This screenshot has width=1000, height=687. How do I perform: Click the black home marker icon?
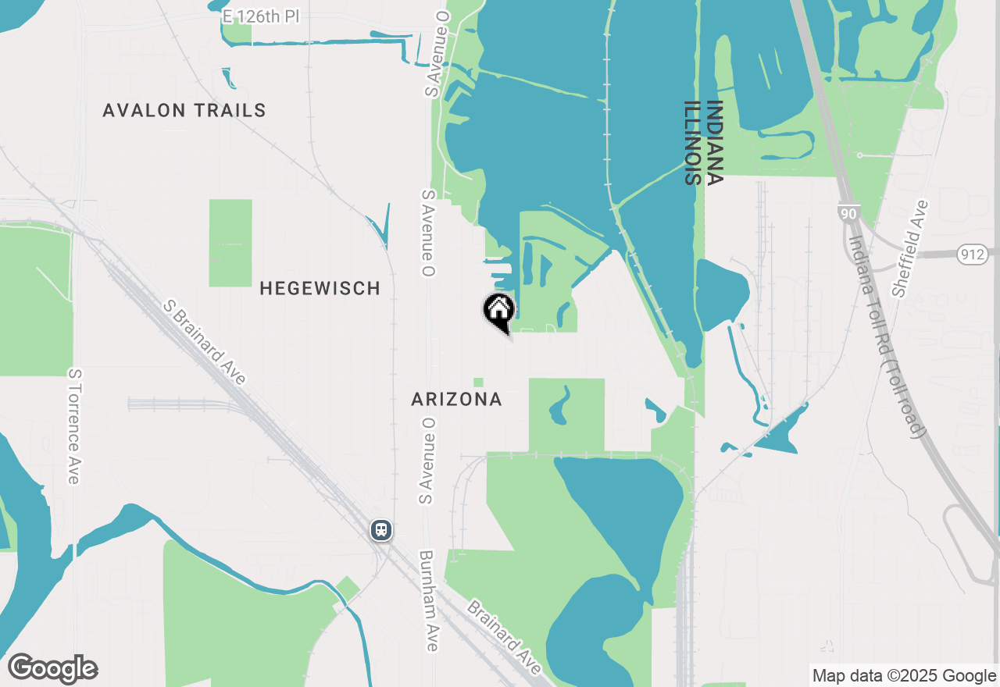(498, 311)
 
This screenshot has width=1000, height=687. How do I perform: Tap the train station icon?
(380, 530)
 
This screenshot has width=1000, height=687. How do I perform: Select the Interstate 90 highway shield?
(848, 212)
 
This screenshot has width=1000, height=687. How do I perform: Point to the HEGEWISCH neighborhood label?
(320, 288)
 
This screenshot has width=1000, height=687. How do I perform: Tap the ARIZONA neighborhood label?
(457, 400)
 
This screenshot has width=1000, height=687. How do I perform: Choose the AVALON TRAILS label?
(184, 111)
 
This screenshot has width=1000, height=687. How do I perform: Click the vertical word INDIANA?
(714, 142)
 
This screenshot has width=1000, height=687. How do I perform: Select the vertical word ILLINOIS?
(692, 142)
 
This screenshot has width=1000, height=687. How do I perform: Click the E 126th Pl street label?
(261, 16)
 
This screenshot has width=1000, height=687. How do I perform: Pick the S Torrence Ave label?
(74, 426)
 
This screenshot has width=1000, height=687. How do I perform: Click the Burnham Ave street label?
(429, 601)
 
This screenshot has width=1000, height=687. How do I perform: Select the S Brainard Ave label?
(205, 342)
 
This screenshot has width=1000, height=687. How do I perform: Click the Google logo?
(52, 669)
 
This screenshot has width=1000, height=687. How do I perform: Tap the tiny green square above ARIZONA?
(478, 383)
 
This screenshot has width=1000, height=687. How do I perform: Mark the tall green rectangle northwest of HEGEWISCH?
(230, 243)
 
